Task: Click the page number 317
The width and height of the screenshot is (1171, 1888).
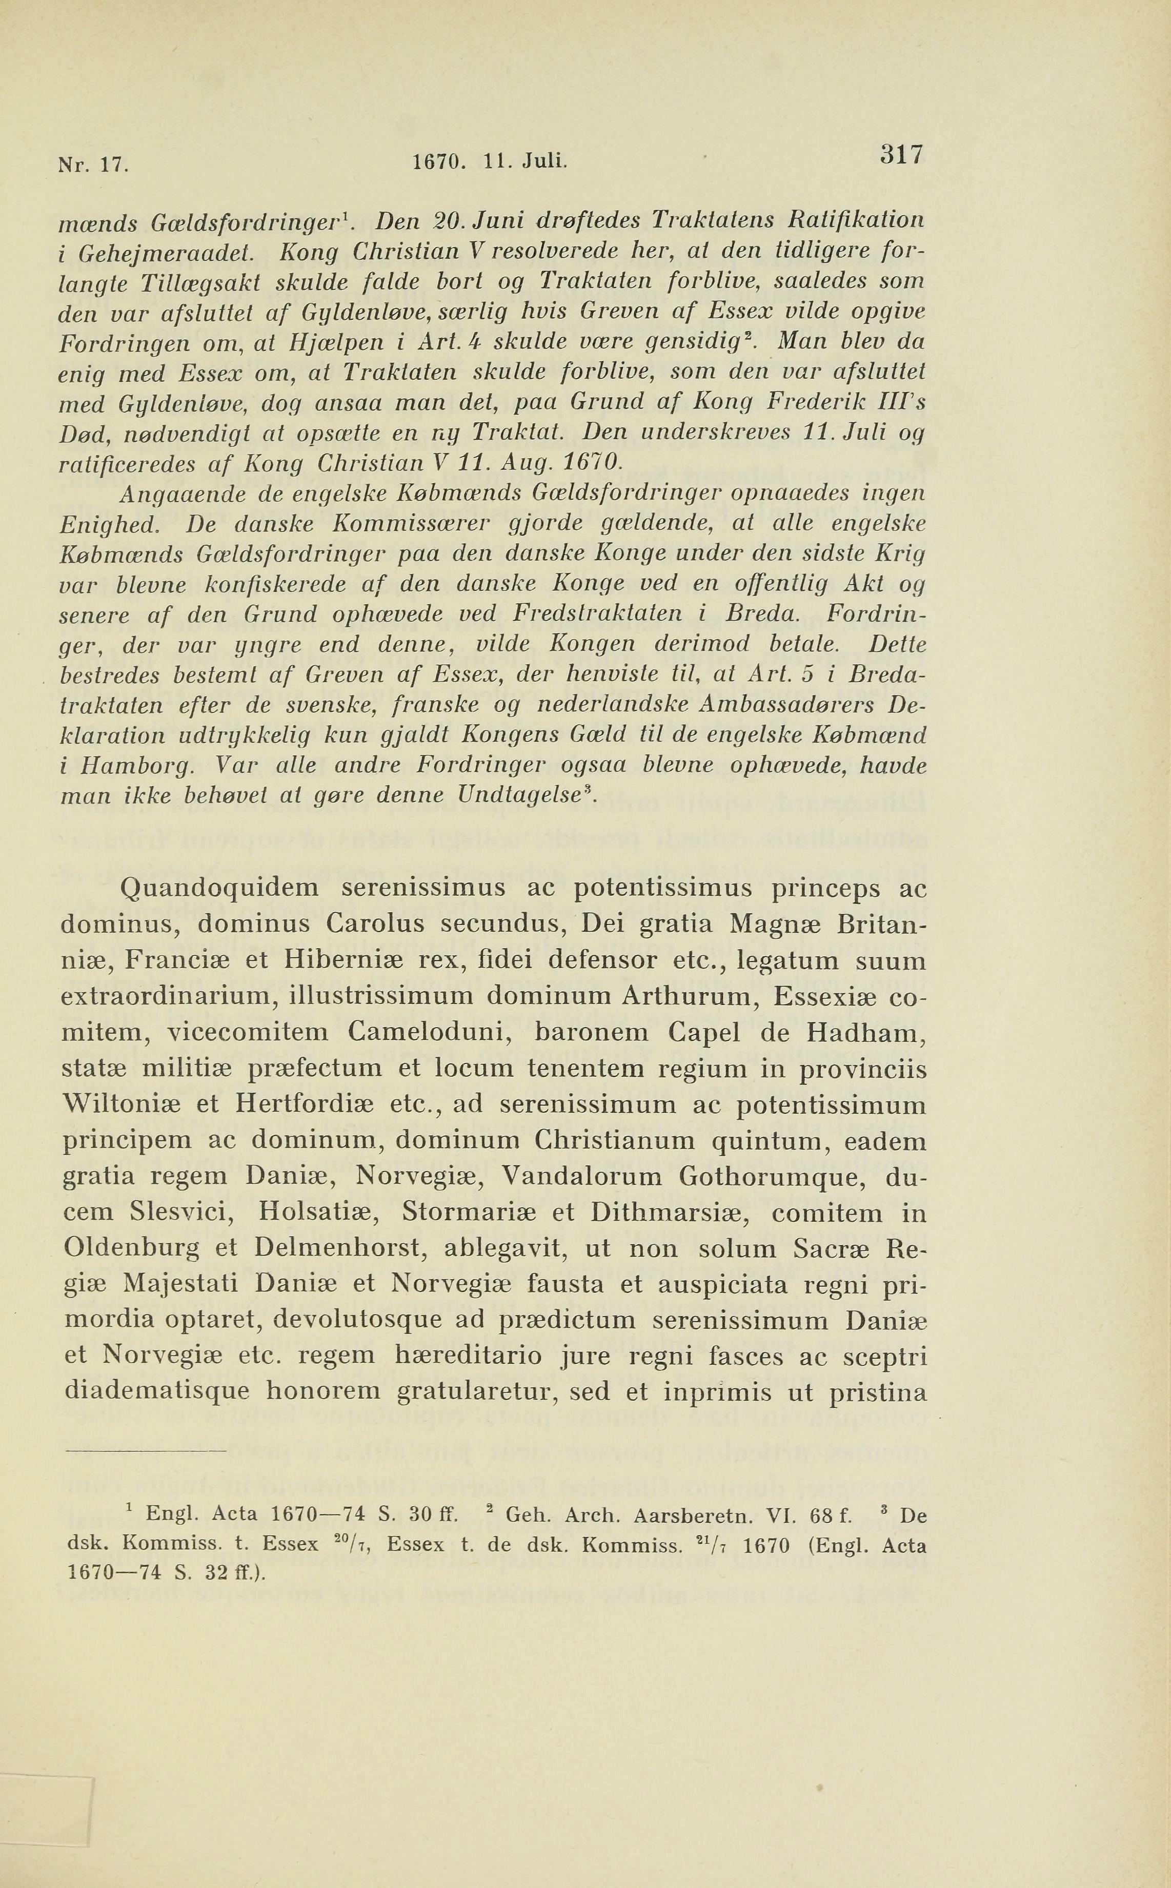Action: [x=901, y=155]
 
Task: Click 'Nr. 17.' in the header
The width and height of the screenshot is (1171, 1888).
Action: [x=93, y=165]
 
